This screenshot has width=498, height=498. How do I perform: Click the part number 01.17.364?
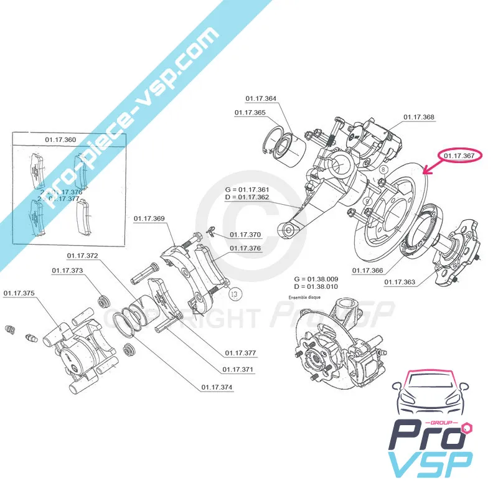261,98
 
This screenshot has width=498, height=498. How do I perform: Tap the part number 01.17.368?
419,117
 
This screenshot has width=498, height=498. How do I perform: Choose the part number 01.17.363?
400,283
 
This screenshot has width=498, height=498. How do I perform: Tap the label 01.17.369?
149,218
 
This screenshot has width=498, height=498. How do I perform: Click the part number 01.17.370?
245,235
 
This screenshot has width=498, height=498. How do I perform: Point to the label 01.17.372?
83,256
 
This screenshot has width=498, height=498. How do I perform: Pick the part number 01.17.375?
19,293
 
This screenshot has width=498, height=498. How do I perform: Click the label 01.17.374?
217,387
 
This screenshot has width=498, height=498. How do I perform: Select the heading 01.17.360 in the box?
61,139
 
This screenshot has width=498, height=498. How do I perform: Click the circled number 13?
234,293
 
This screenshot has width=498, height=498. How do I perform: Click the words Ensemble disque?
306,298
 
